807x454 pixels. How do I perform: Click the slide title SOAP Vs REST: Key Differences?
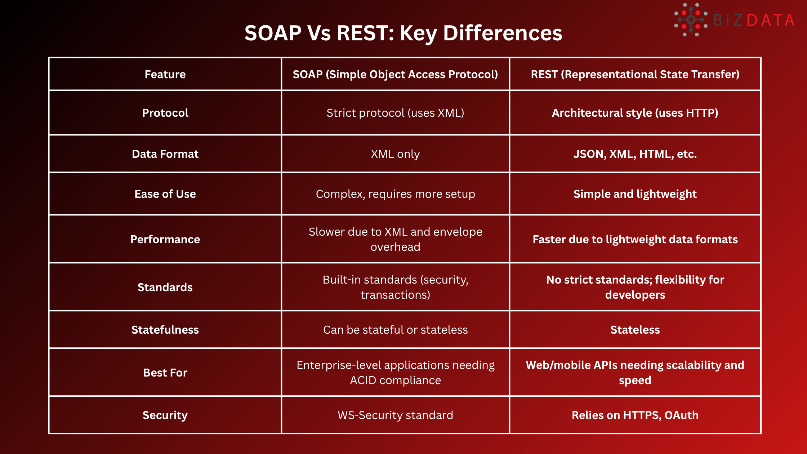[403, 33]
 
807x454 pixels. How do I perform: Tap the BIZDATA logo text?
[754, 21]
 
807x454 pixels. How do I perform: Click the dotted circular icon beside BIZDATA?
[691, 20]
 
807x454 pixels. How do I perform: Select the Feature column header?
[165, 74]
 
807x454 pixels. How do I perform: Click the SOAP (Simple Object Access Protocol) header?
[395, 74]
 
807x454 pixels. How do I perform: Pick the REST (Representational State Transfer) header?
[635, 74]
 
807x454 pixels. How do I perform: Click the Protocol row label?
[165, 113]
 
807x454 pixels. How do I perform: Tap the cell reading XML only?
[395, 154]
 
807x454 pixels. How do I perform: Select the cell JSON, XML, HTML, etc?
[635, 154]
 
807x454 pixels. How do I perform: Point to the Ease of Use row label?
[165, 194]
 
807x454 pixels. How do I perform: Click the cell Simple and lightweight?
[635, 194]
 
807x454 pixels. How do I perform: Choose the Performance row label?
[165, 239]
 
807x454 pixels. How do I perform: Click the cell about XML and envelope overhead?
[395, 239]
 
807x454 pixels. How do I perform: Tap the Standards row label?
[165, 287]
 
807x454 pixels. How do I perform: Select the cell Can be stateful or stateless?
[395, 330]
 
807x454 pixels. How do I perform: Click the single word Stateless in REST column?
[635, 330]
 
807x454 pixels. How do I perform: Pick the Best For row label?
[165, 373]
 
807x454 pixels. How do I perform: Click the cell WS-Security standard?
[395, 415]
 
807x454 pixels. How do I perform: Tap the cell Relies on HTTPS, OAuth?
[635, 415]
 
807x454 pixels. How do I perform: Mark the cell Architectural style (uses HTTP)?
[635, 113]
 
